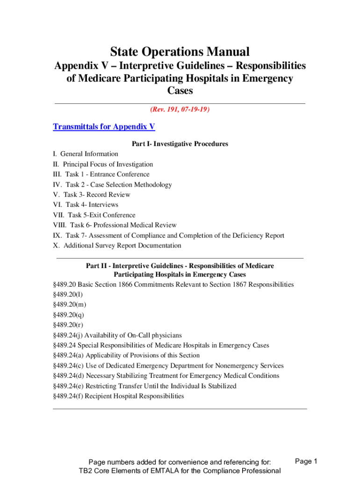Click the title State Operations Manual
click(x=180, y=51)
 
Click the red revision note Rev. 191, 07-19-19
click(x=180, y=109)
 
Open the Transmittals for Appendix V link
click(x=104, y=127)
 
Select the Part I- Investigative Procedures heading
click(x=180, y=144)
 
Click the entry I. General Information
click(x=86, y=154)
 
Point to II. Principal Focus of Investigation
click(x=103, y=164)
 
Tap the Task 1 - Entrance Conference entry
click(x=101, y=174)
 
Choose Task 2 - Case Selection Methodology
click(x=112, y=185)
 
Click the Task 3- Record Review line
click(x=92, y=195)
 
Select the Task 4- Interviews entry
click(x=86, y=205)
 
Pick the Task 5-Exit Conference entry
click(x=94, y=215)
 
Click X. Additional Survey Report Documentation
click(x=117, y=246)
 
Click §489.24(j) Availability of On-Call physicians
click(x=117, y=335)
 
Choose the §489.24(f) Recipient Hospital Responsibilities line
click(x=119, y=396)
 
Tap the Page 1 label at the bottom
click(x=306, y=461)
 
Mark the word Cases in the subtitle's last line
click(x=180, y=91)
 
